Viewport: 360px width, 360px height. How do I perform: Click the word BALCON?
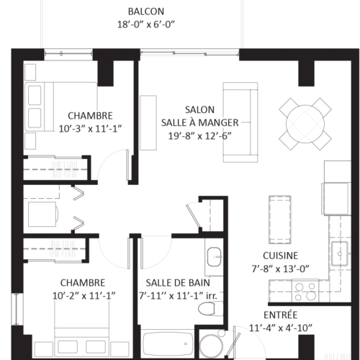[x=146, y=12]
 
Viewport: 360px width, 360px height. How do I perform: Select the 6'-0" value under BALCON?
[x=164, y=24]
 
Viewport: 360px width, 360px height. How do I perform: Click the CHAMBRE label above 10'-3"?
[x=90, y=116]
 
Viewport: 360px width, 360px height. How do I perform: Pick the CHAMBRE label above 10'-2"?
[x=82, y=282]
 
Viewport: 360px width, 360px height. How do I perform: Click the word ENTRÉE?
[x=279, y=315]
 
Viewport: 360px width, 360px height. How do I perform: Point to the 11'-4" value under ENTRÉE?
[x=259, y=328]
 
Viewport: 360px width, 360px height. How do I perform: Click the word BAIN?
[x=207, y=282]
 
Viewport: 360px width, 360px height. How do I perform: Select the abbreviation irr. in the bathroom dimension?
[x=212, y=296]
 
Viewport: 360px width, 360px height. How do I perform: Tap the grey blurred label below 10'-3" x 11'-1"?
[x=66, y=167]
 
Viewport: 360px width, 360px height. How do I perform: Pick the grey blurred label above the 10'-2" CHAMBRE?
[x=63, y=249]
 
